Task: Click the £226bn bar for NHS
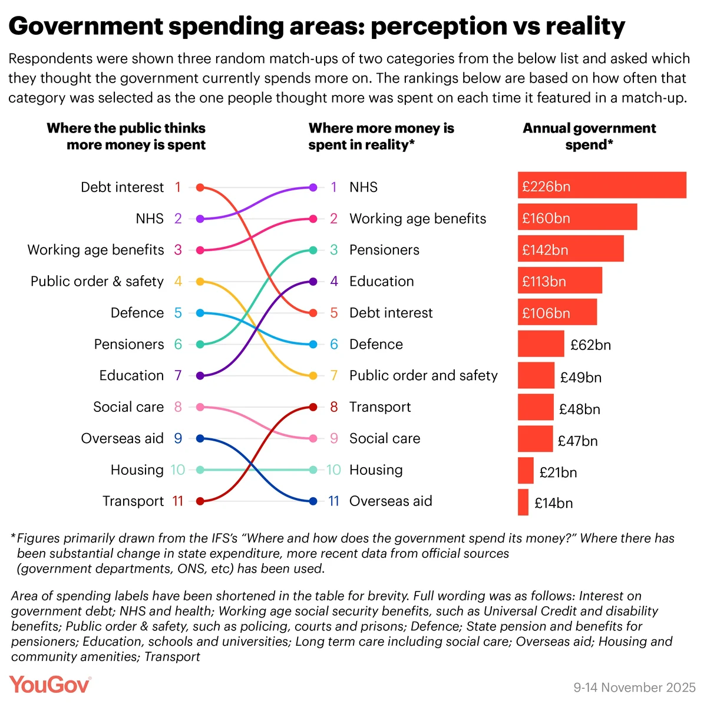click(602, 185)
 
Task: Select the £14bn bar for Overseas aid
click(523, 502)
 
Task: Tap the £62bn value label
click(590, 345)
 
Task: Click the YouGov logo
click(50, 685)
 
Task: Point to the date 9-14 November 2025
click(635, 688)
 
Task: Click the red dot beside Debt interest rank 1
click(200, 187)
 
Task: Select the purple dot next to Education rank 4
click(313, 282)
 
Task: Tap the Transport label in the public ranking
click(133, 501)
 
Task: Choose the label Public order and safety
click(423, 376)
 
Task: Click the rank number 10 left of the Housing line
click(177, 470)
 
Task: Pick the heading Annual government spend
click(589, 137)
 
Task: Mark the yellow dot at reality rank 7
click(313, 376)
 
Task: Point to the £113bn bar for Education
click(560, 280)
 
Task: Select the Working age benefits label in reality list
click(418, 219)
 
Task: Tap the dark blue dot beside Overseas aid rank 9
click(200, 438)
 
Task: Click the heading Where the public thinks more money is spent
click(126, 137)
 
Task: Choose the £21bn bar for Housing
click(526, 470)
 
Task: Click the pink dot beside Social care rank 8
click(200, 407)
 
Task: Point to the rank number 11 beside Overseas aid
click(333, 501)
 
